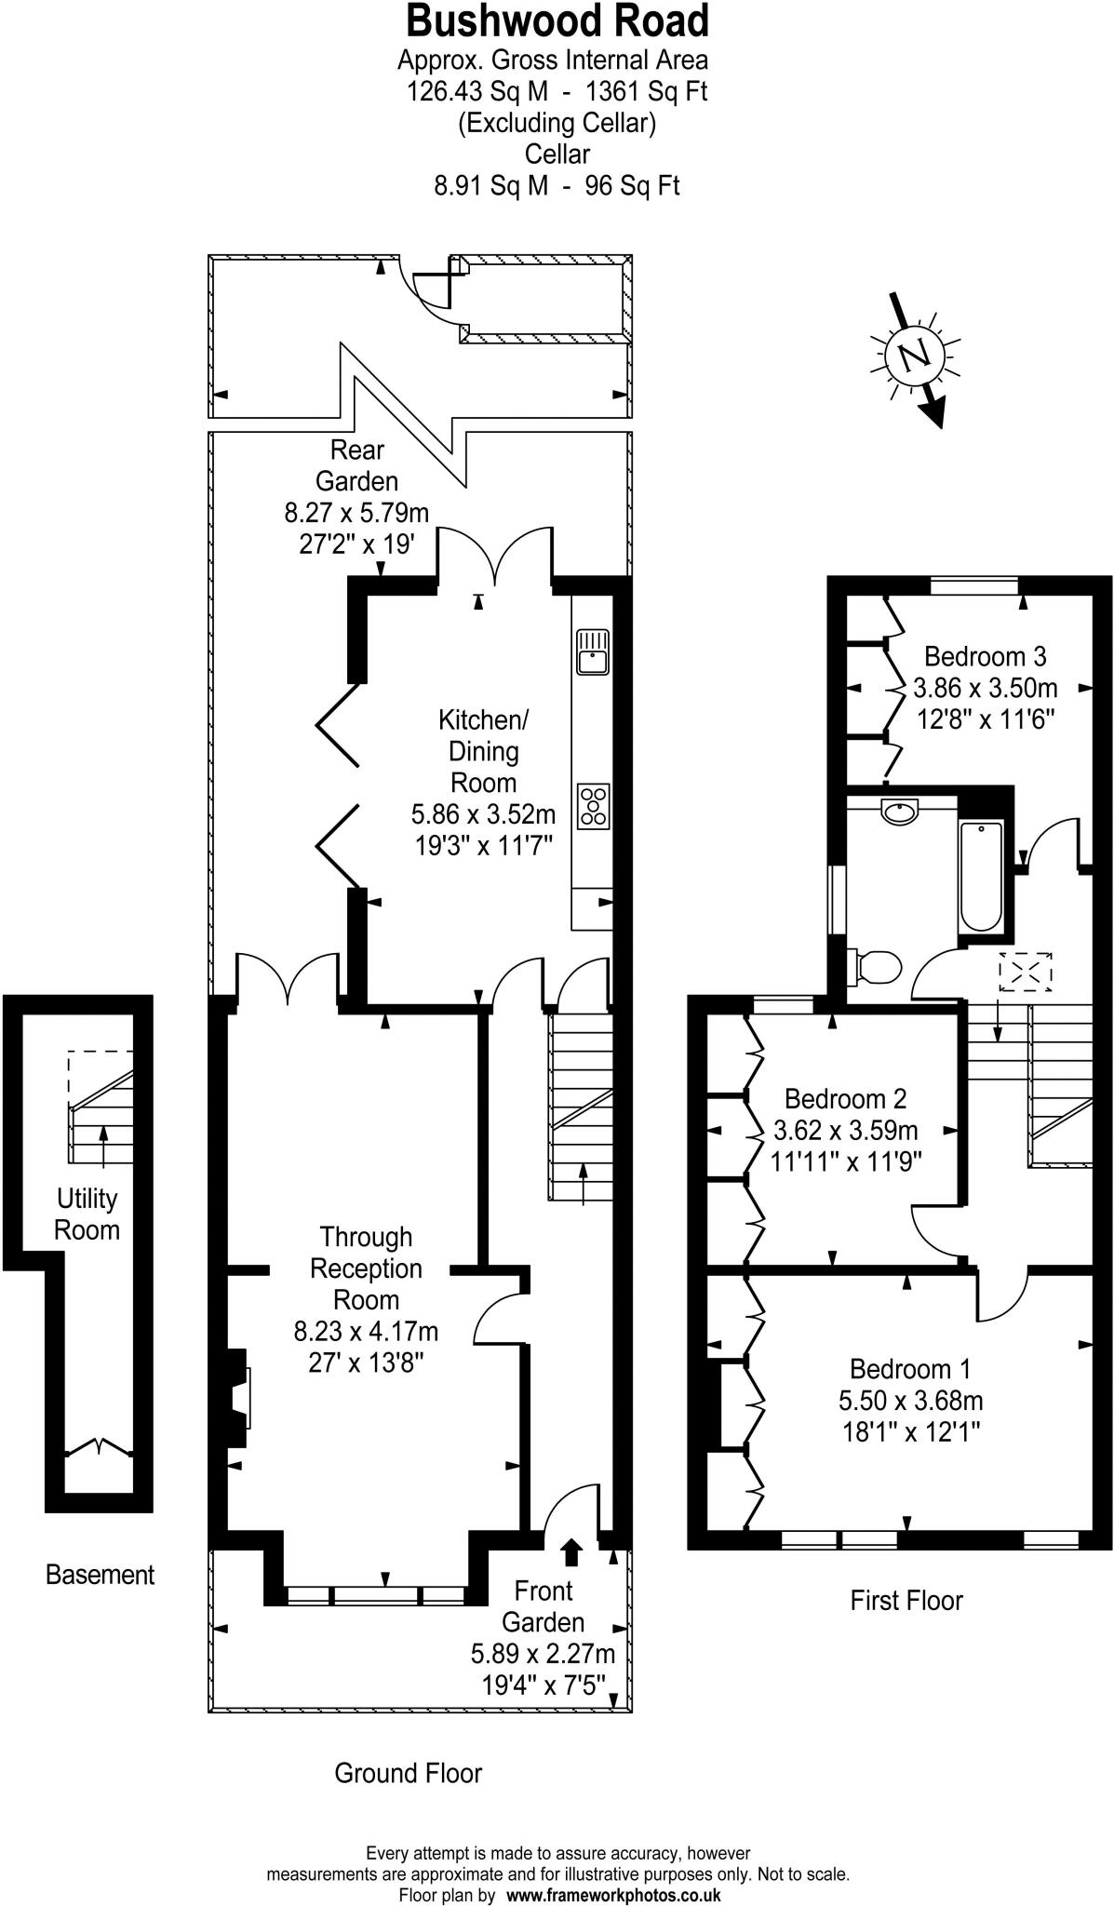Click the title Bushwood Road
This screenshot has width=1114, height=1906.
557,20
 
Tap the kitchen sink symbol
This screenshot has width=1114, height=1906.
592,651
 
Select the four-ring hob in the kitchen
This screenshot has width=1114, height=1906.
593,806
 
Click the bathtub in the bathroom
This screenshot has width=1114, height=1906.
981,876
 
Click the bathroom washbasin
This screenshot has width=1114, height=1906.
900,812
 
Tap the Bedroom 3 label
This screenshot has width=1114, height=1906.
985,656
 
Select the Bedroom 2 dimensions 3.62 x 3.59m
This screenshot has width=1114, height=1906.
845,1131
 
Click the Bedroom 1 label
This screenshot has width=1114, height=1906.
909,1369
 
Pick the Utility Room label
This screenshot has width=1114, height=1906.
87,1214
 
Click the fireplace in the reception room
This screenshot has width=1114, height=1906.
239,1397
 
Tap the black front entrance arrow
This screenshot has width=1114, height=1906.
571,1551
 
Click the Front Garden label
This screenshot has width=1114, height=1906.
543,1605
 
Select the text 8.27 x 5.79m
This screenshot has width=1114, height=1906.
356,513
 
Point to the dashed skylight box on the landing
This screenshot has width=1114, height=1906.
1026,972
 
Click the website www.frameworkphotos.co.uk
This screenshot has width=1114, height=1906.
613,1894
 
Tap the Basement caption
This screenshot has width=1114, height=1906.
100,1575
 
